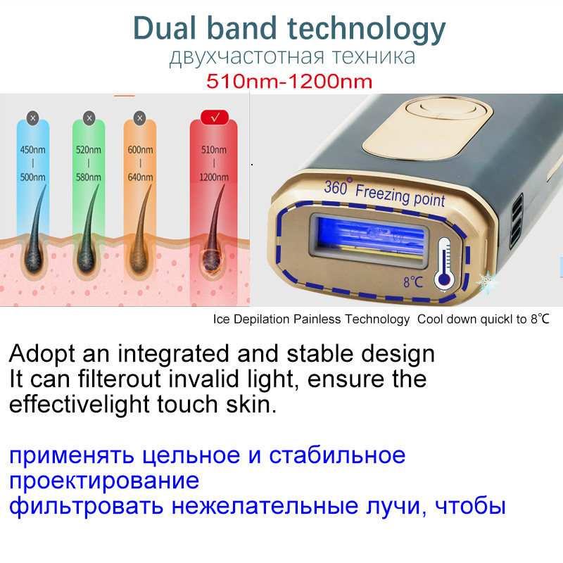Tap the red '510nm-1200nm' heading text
tap(289, 82)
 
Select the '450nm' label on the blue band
tap(32, 149)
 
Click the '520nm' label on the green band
tap(89, 149)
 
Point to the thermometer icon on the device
tap(443, 263)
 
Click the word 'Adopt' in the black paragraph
tap(44, 353)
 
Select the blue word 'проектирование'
tap(104, 481)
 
